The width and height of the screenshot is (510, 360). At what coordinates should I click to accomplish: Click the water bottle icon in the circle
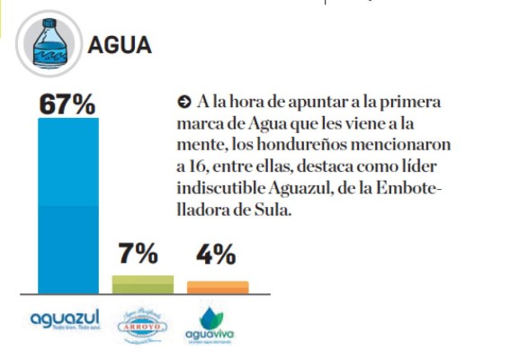(x=45, y=43)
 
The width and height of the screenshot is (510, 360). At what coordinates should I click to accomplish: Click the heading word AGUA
(x=120, y=45)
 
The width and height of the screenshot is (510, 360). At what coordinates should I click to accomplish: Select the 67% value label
(x=67, y=105)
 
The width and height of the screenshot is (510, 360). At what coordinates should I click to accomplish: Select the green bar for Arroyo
(x=142, y=283)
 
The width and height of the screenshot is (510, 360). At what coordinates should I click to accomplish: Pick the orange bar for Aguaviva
(x=218, y=287)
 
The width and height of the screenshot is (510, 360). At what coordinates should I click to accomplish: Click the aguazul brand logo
(x=65, y=320)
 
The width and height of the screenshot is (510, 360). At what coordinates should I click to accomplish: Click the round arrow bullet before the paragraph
(x=185, y=101)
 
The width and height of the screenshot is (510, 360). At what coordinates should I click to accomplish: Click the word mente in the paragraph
(x=205, y=143)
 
